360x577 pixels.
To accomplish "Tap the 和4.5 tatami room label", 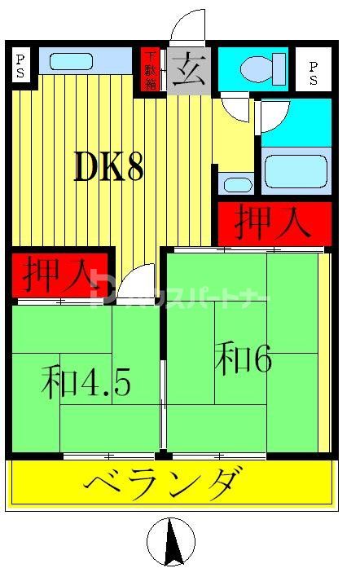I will (86, 382).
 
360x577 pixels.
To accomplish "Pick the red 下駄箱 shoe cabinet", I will (151, 70).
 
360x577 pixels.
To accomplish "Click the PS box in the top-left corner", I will (21, 64).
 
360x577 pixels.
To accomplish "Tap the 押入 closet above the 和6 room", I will (274, 222).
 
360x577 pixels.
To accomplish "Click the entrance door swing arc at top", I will (188, 26).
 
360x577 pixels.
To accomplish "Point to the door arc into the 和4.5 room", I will (137, 281).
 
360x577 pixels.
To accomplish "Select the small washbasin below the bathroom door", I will (237, 183).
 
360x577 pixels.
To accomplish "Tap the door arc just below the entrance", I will (235, 106).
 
